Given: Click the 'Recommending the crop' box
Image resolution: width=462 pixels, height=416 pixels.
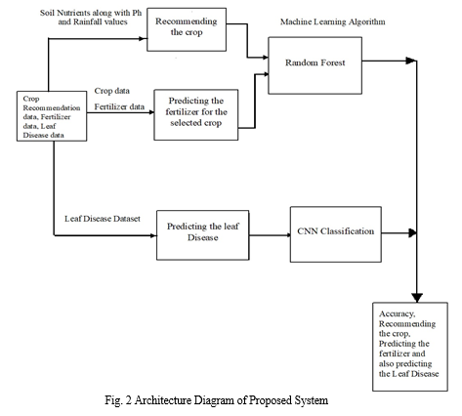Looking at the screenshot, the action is [187, 29].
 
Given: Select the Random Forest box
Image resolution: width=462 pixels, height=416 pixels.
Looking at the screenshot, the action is [315, 65].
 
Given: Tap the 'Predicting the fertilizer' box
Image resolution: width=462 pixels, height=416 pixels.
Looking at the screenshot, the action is [196, 115].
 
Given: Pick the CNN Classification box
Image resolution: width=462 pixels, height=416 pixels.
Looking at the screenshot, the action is [336, 234].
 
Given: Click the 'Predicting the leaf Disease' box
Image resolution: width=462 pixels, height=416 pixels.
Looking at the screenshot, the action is [203, 235].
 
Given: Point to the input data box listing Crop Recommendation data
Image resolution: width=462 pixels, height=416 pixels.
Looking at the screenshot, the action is [52, 116].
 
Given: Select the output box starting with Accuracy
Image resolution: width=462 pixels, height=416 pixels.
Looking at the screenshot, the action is [410, 347].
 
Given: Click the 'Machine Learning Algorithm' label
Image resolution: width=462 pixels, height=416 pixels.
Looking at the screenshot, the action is [333, 21].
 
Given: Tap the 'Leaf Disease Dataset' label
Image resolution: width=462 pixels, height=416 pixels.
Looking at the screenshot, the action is [103, 219].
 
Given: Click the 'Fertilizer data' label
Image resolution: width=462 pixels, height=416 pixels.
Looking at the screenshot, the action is [119, 106].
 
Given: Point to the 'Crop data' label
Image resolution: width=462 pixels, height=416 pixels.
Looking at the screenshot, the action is [112, 91].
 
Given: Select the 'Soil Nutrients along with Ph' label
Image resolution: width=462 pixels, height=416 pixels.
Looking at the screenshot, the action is [91, 13].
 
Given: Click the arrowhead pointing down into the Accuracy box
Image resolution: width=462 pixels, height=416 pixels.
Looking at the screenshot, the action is [417, 298].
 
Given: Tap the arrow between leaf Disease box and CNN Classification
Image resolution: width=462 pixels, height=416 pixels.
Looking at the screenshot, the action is [270, 235].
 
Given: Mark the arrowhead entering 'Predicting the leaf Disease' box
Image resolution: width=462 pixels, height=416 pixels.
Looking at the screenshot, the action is [153, 235].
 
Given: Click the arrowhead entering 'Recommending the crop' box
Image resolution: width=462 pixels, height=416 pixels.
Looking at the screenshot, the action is [144, 38].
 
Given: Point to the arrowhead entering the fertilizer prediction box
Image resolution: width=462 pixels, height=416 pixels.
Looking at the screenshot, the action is [151, 112].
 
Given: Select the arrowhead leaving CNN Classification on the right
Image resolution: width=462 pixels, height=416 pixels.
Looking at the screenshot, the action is [412, 232].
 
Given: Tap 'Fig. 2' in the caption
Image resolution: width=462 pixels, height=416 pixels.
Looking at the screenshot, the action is [118, 400].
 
